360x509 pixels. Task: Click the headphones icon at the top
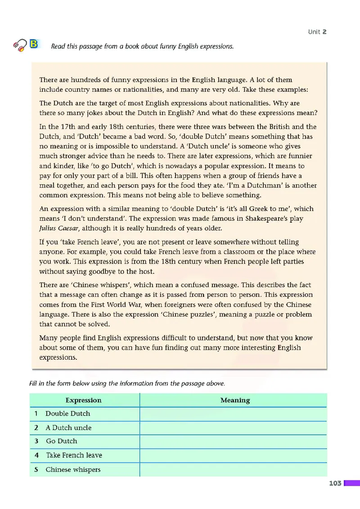(21, 45)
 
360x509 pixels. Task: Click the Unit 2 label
(317, 31)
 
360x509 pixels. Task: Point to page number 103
(335, 483)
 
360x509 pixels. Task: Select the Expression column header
(84, 400)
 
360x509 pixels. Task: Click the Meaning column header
(235, 400)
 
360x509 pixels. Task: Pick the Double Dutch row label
(67, 414)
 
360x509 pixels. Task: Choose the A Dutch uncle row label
(68, 428)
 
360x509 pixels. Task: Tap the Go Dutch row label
(62, 441)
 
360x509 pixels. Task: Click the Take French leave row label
(74, 455)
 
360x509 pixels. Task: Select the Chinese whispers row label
(73, 469)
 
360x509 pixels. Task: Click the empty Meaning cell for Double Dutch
(233, 414)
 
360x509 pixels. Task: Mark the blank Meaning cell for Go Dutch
(233, 441)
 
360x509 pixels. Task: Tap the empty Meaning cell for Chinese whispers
(233, 469)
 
